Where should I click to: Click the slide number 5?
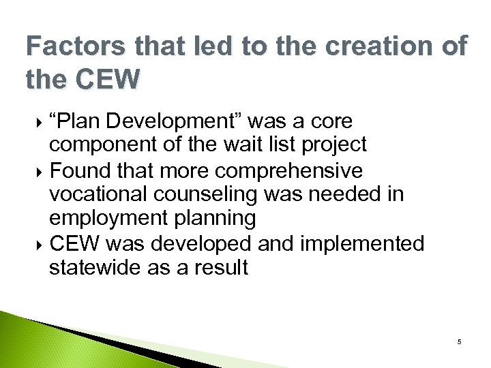460,341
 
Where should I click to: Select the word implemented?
367,243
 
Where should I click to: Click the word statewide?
95,267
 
